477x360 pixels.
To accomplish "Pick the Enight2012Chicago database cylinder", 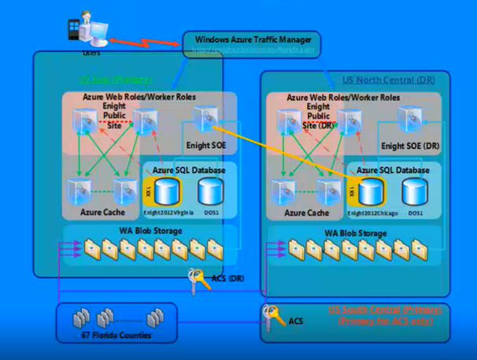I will pos(372,192).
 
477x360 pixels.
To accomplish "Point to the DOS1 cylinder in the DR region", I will pos(415,192).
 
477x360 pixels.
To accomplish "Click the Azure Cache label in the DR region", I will pos(306,213).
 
